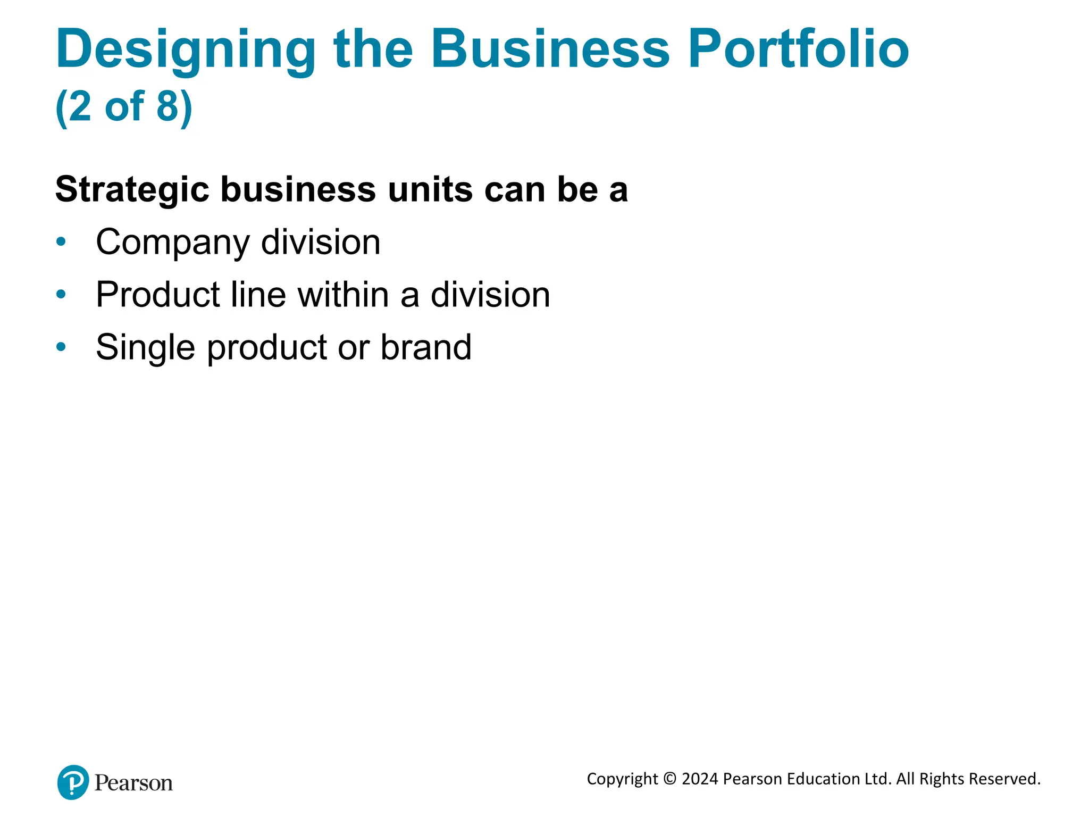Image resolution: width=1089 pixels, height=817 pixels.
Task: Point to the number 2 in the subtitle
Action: pyautogui.click(x=80, y=106)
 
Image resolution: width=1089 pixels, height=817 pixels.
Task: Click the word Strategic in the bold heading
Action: pyautogui.click(x=132, y=190)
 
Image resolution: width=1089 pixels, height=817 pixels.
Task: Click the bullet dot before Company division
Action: pyautogui.click(x=61, y=242)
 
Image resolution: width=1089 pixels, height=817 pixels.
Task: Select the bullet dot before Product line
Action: pyautogui.click(x=61, y=294)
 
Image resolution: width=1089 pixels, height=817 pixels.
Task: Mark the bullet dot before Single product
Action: pyautogui.click(x=61, y=347)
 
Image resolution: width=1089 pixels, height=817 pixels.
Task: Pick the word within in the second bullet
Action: pyautogui.click(x=343, y=294)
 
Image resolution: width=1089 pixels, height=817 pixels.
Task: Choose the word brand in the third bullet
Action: pyautogui.click(x=425, y=347)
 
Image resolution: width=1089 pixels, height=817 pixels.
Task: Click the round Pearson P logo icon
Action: pyautogui.click(x=73, y=782)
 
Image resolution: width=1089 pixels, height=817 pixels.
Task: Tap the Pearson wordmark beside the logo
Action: pyautogui.click(x=133, y=783)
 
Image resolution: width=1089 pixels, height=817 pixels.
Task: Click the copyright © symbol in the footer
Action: pyautogui.click(x=670, y=779)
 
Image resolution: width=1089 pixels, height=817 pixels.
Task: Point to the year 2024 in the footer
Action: pyautogui.click(x=700, y=779)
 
